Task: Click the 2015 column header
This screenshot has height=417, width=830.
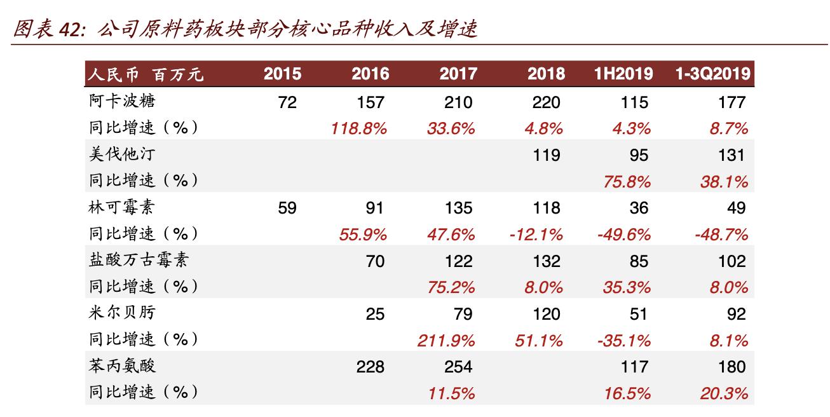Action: click(282, 74)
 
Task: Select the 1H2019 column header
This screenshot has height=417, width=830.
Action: click(623, 74)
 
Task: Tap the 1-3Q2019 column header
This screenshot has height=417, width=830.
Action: click(712, 74)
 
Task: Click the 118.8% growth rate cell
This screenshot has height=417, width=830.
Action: click(359, 128)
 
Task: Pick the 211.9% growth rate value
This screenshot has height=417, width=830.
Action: click(446, 340)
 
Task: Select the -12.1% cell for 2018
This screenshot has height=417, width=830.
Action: click(536, 235)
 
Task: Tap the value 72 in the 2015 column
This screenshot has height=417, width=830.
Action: click(287, 102)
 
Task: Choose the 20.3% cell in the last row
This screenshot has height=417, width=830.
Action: click(724, 393)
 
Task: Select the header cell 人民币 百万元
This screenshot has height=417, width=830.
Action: click(146, 74)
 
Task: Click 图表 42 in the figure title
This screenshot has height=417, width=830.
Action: click(48, 29)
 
